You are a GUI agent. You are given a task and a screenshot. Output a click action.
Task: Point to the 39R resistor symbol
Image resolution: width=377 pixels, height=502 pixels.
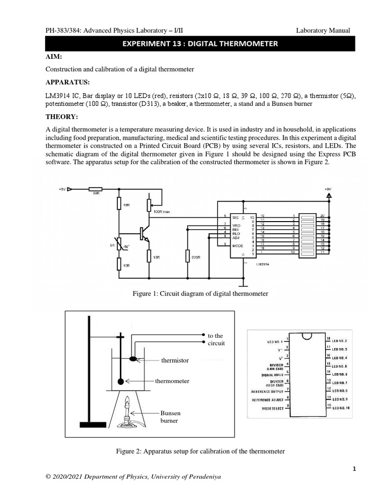(x=96, y=188)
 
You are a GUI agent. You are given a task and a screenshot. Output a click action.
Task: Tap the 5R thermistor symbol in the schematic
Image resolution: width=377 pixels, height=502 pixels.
(x=119, y=240)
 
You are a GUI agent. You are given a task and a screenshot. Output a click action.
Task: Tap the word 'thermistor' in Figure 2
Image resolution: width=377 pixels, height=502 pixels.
(x=175, y=360)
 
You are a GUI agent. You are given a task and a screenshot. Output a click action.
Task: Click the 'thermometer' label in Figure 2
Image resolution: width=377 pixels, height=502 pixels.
(x=172, y=380)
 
